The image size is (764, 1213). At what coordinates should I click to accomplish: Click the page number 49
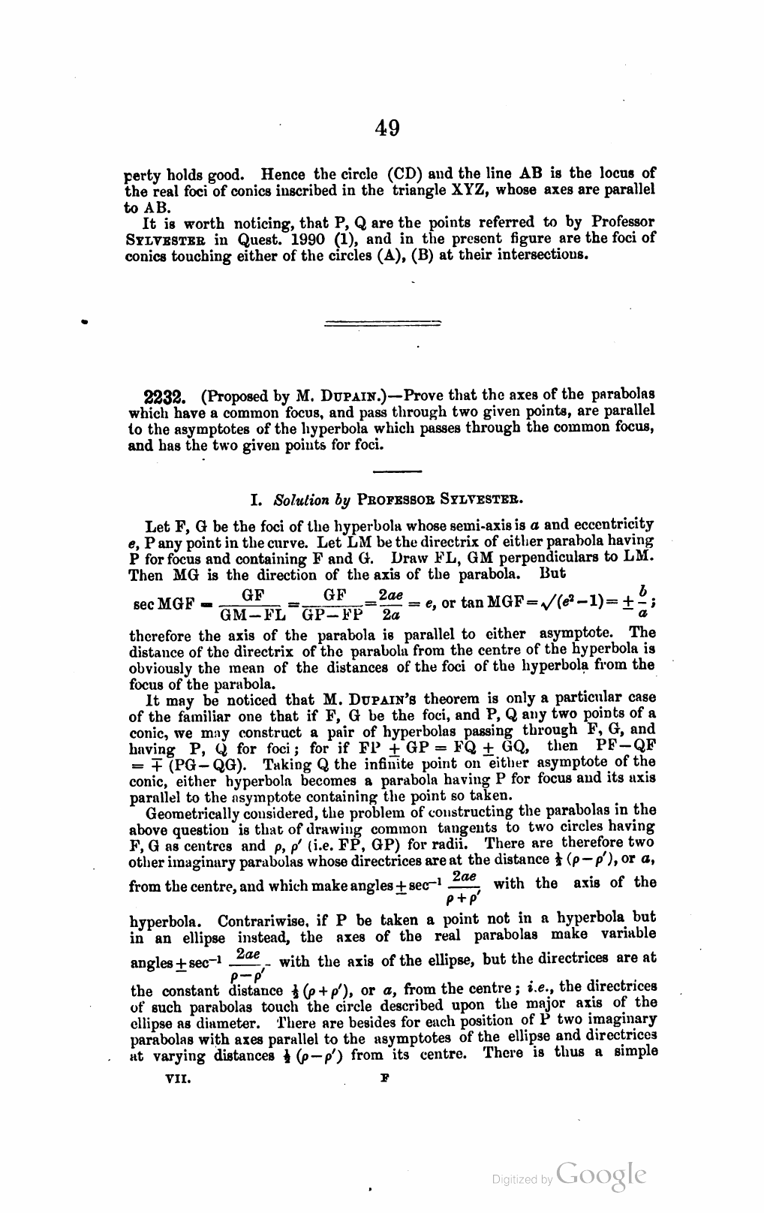coord(387,128)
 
